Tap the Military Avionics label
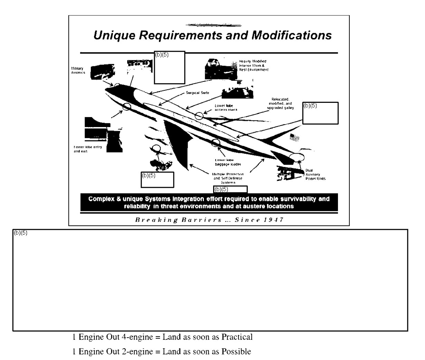tap(78, 70)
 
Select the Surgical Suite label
tap(197, 93)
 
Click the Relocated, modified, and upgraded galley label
tap(280, 104)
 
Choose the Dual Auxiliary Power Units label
tap(315, 174)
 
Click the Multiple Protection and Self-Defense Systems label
tap(228, 178)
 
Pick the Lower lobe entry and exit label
tap(88, 149)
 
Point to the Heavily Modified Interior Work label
tap(253, 65)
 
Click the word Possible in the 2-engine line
tap(236, 352)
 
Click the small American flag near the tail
tap(295, 137)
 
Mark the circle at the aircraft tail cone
tap(297, 157)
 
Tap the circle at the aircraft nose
tap(117, 86)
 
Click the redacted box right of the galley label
tap(320, 113)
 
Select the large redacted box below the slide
tap(210, 280)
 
